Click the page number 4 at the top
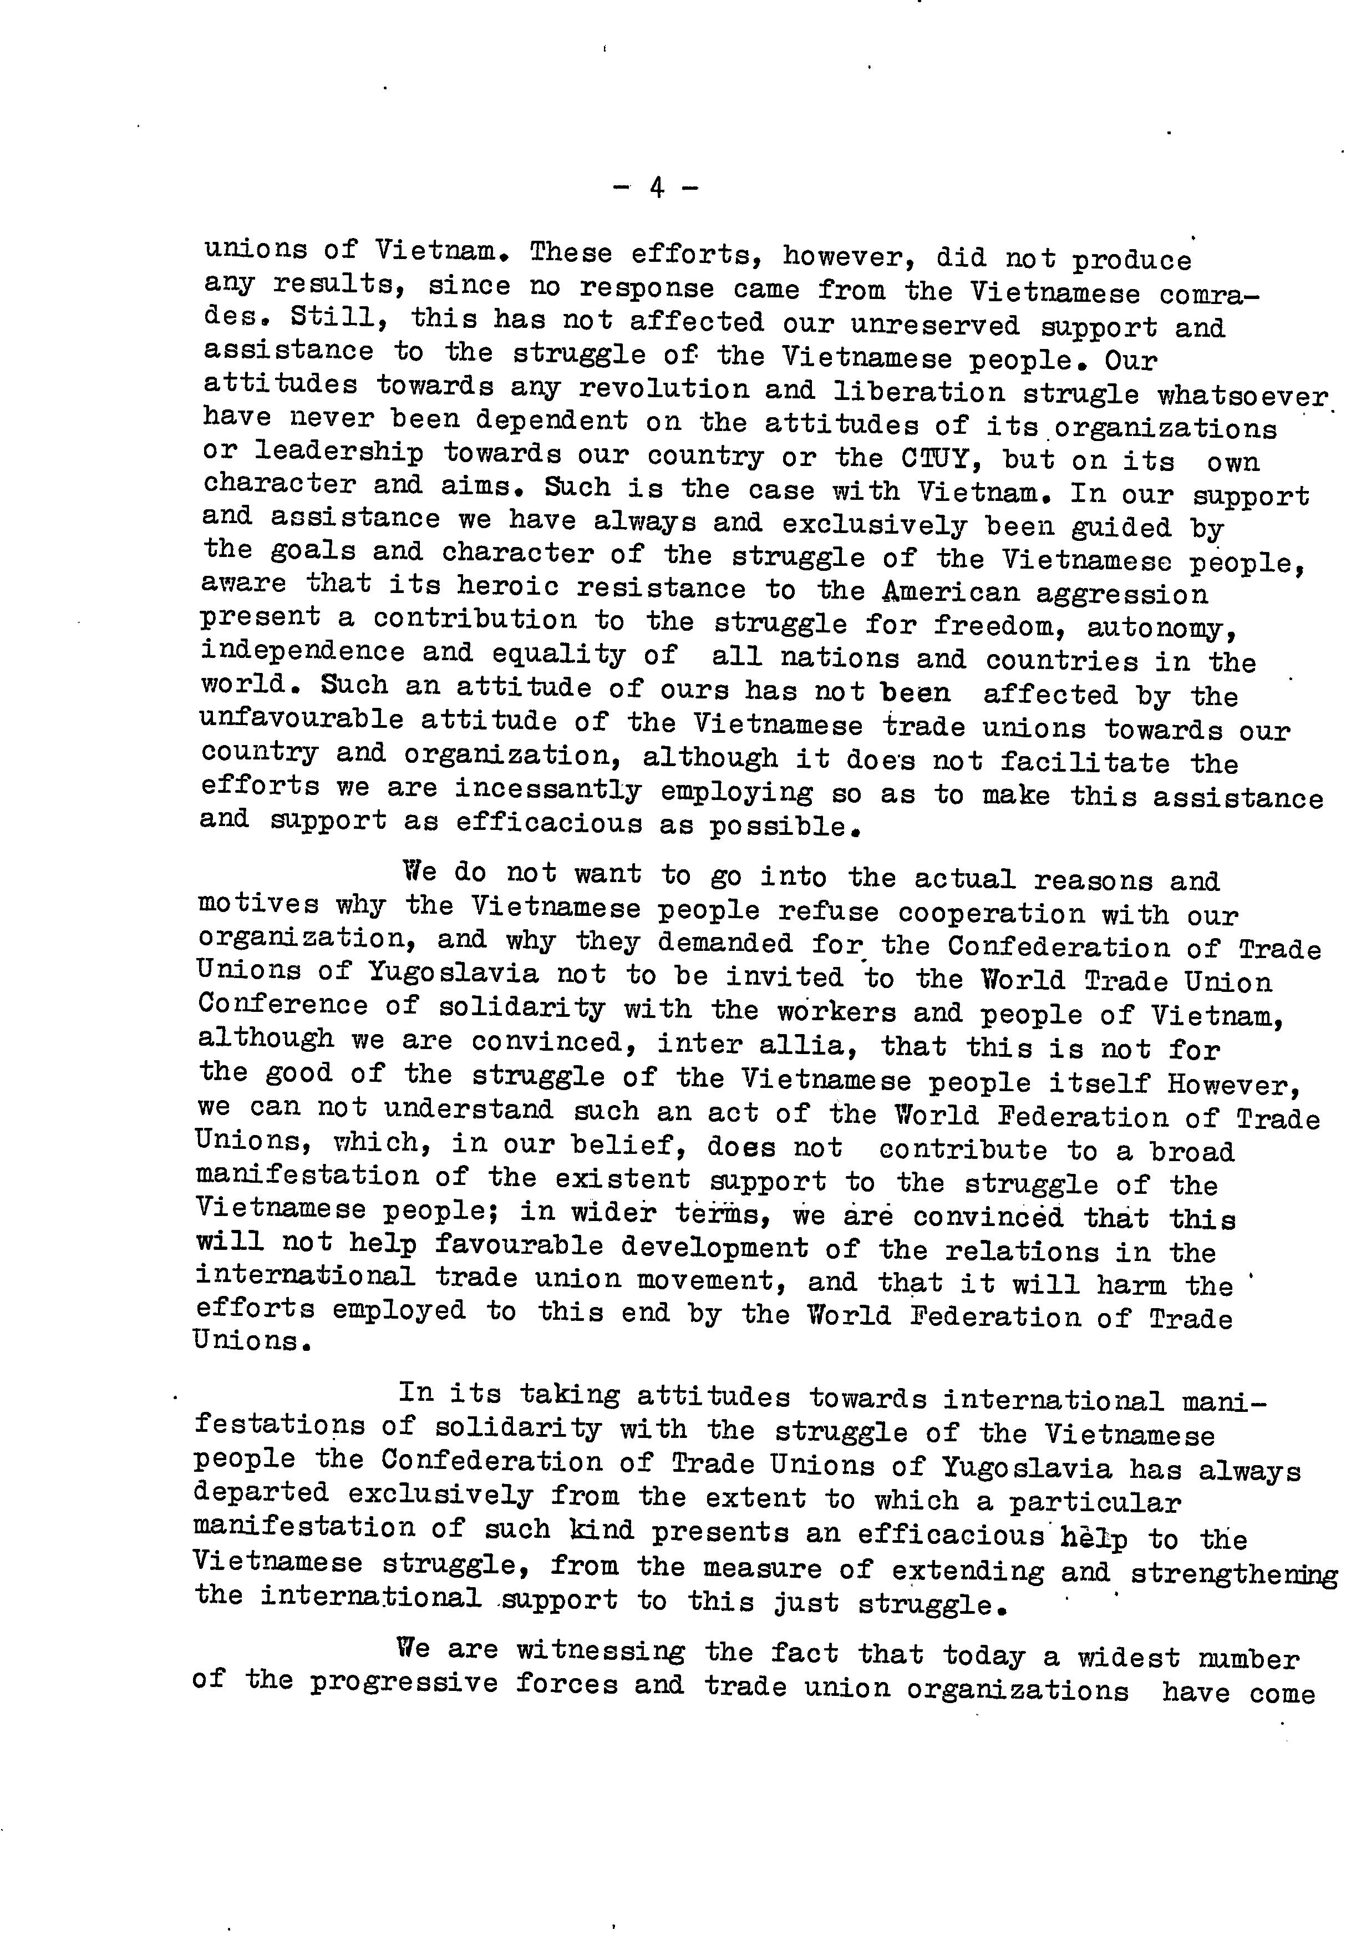656,188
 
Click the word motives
258,905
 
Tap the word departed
261,1492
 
